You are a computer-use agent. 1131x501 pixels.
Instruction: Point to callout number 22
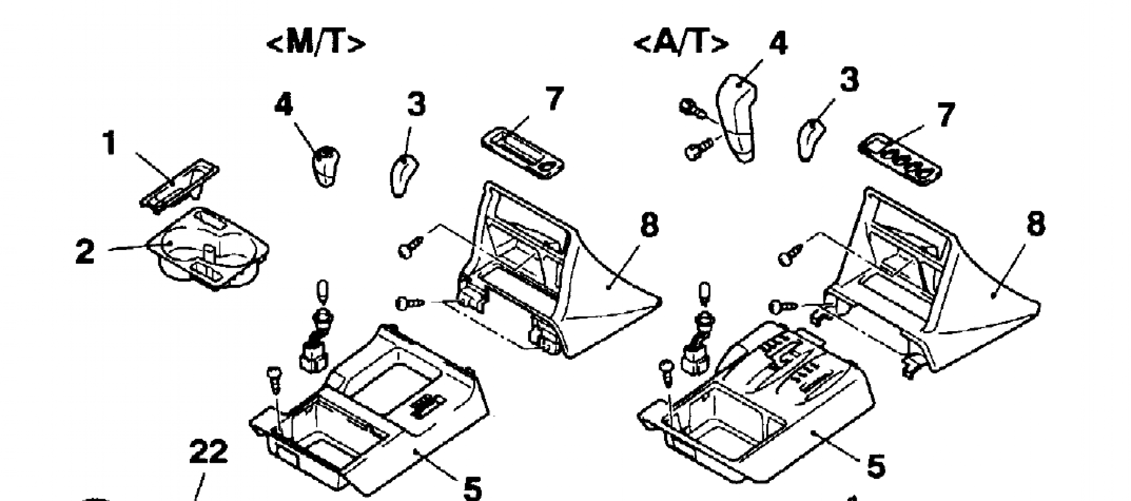208,452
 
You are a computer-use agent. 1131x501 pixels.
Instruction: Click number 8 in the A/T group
1035,225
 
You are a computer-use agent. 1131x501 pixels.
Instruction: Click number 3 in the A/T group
850,81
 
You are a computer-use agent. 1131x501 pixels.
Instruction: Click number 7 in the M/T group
554,99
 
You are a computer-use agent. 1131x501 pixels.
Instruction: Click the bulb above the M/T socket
324,292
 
